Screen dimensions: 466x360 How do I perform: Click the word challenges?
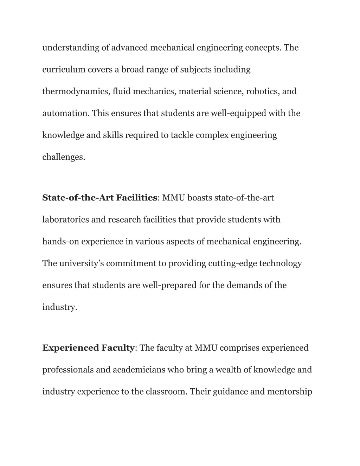64,157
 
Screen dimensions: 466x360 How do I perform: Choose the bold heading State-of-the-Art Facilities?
99,198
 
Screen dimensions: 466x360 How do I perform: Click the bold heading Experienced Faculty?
88,348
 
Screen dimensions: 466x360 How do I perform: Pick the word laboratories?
66,220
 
